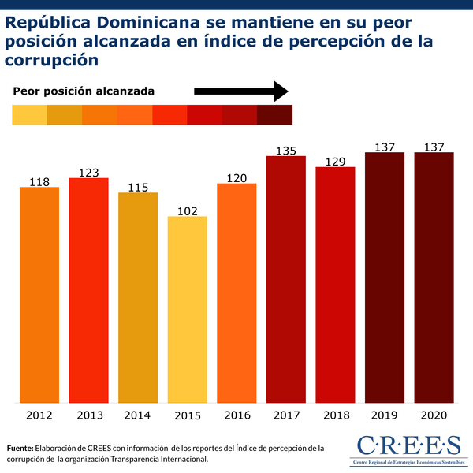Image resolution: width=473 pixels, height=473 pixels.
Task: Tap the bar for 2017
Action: point(285,279)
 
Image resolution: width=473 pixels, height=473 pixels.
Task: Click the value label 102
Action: point(187,210)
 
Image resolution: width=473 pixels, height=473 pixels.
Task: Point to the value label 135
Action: point(285,150)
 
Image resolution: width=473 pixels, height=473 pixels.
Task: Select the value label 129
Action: point(335,161)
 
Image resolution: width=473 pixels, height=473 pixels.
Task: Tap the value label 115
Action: point(138,186)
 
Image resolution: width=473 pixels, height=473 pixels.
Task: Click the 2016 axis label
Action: point(236,415)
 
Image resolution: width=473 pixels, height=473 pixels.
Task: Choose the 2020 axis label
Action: point(434,415)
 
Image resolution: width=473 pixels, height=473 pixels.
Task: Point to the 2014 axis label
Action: point(138,415)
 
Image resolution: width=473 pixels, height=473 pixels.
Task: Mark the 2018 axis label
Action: point(335,415)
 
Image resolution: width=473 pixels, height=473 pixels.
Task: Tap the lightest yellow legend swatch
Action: point(30,115)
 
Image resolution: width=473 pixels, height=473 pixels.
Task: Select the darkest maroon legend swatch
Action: point(274,115)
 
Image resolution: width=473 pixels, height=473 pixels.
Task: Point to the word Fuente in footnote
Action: point(21,448)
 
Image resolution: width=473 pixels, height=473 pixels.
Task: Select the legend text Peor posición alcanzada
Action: point(84,91)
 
